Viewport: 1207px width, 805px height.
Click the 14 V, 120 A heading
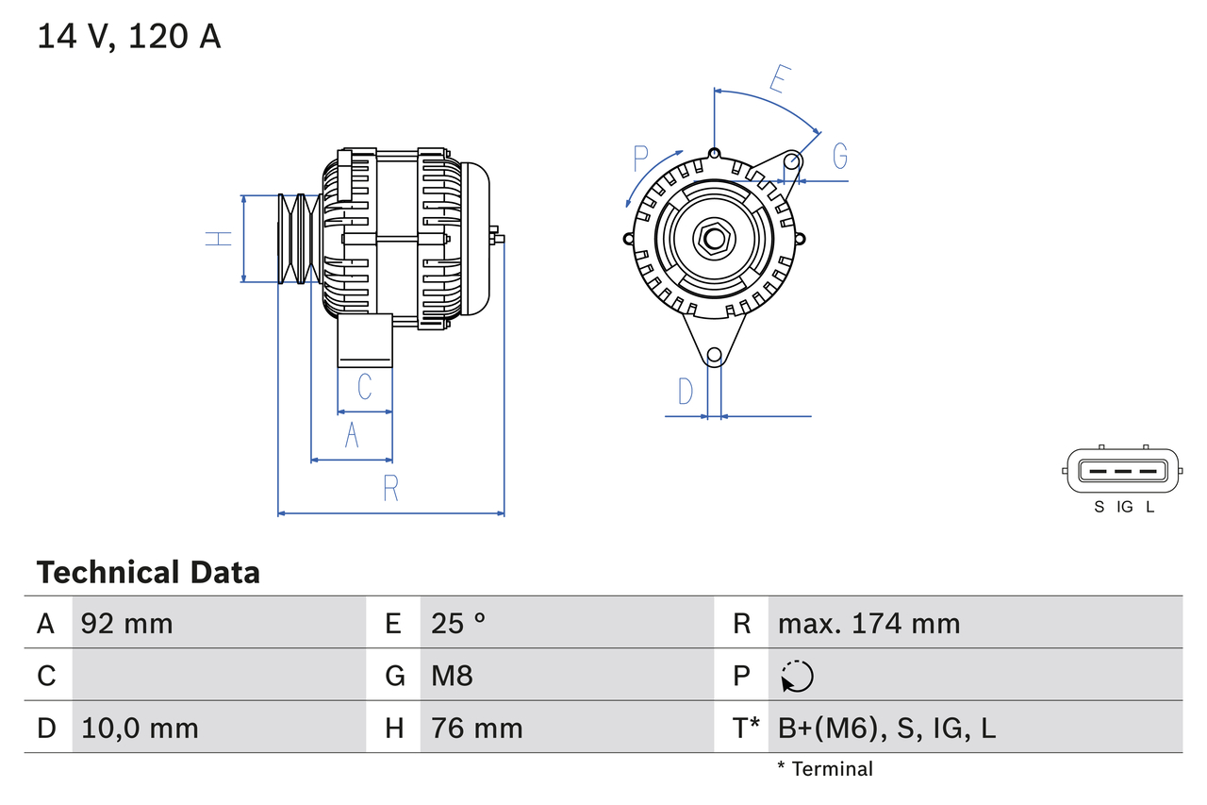(129, 36)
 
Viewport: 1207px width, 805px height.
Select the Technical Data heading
(148, 573)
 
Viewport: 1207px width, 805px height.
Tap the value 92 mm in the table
(127, 623)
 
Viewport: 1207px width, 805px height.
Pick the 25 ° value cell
(458, 623)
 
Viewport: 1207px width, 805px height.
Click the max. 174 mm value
(868, 623)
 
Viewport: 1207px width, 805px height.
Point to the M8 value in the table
(452, 676)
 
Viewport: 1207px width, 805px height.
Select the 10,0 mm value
(140, 728)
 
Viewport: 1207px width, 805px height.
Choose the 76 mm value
(476, 728)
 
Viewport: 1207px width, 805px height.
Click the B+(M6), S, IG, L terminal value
(886, 728)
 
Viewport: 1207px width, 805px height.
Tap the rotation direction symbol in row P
(797, 676)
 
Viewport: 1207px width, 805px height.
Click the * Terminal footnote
(825, 769)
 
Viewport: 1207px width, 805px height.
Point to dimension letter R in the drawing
(390, 489)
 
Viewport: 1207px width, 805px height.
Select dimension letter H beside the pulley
(219, 238)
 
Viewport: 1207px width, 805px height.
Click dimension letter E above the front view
(777, 80)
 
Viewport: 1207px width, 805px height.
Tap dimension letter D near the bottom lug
(686, 391)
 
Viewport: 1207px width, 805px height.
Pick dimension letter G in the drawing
(839, 155)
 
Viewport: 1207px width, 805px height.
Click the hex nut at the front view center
(714, 238)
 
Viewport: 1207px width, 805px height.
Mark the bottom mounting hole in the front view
(715, 356)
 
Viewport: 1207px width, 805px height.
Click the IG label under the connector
(1124, 507)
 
